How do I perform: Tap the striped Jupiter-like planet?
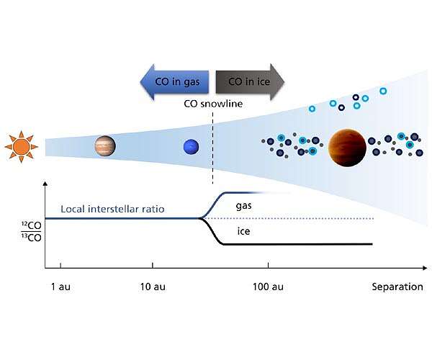pyautogui.click(x=105, y=147)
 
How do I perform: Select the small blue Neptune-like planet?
pyautogui.click(x=191, y=147)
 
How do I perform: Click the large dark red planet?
pyautogui.click(x=347, y=147)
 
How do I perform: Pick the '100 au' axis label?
pyautogui.click(x=268, y=287)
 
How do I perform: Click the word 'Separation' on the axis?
pyautogui.click(x=397, y=287)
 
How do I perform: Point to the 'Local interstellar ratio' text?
pyautogui.click(x=112, y=209)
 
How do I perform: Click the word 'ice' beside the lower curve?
pyautogui.click(x=243, y=231)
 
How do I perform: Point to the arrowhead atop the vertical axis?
pyautogui.click(x=45, y=185)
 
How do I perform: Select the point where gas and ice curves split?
pyautogui.click(x=200, y=218)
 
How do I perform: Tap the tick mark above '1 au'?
pyautogui.click(x=60, y=267)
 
